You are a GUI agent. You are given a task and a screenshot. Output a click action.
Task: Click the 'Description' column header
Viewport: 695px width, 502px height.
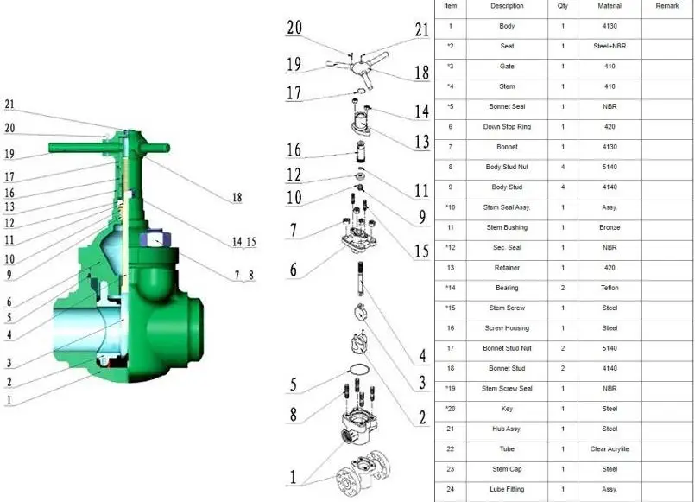pyautogui.click(x=507, y=6)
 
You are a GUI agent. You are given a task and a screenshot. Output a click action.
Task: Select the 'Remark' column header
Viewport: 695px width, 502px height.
pyautogui.click(x=667, y=6)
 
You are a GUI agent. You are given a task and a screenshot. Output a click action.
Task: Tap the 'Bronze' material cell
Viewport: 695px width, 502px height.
pyautogui.click(x=610, y=227)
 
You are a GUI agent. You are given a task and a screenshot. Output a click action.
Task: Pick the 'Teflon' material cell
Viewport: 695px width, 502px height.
pyautogui.click(x=610, y=288)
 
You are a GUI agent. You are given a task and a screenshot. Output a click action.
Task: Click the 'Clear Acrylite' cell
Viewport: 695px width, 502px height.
pyautogui.click(x=610, y=448)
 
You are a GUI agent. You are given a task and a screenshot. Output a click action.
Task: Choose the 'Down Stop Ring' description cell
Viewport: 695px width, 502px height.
pyautogui.click(x=507, y=127)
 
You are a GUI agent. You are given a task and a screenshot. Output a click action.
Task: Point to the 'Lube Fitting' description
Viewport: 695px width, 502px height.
pyautogui.click(x=507, y=489)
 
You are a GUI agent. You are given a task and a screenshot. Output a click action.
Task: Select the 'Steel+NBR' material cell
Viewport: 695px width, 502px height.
pyautogui.click(x=610, y=46)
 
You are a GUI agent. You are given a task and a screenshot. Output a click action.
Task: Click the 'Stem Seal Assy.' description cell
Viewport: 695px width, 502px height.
pyautogui.click(x=507, y=207)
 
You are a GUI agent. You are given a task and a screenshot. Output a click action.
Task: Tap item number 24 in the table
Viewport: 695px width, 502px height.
pyautogui.click(x=450, y=489)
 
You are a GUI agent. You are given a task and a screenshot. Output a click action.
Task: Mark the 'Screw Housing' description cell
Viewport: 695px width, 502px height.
pyautogui.click(x=507, y=328)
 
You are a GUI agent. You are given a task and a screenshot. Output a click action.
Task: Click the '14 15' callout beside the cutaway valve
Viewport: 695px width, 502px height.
pyautogui.click(x=243, y=242)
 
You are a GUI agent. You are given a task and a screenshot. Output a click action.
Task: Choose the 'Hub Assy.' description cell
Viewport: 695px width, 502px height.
pyautogui.click(x=507, y=429)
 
